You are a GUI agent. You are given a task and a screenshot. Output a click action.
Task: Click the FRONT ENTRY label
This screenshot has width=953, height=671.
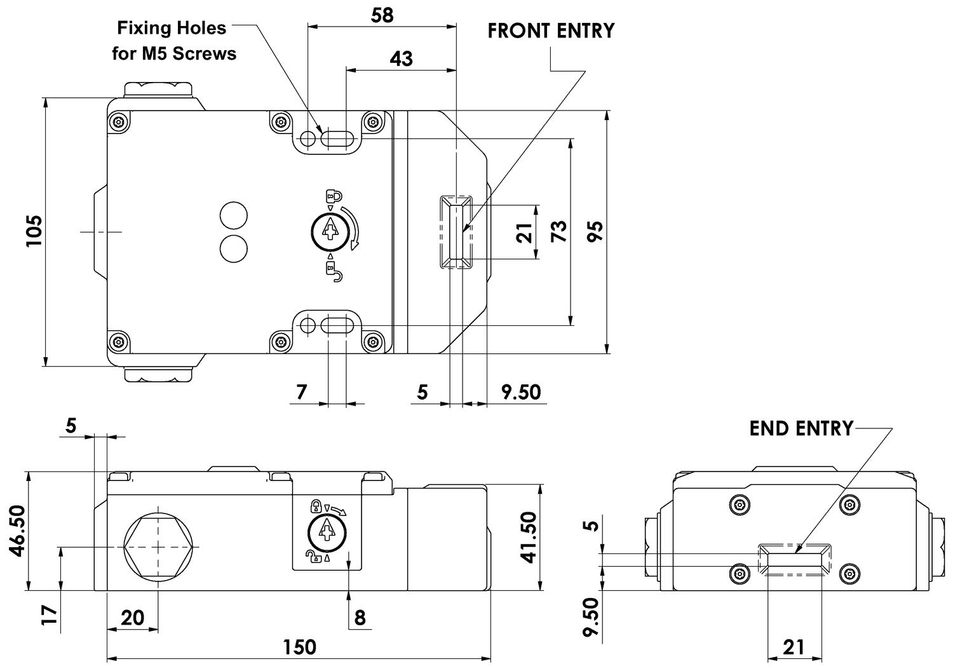551,30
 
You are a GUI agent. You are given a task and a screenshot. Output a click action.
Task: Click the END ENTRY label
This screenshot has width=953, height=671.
801,428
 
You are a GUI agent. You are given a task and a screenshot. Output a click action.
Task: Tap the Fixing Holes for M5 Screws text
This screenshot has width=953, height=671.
173,41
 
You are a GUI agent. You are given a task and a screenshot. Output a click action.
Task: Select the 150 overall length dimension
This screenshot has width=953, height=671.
299,646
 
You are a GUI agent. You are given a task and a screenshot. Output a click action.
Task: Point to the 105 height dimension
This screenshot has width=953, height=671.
34,231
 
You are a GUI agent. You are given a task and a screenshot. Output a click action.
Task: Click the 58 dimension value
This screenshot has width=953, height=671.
382,15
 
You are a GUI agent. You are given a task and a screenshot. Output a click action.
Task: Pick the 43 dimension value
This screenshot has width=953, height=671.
400,58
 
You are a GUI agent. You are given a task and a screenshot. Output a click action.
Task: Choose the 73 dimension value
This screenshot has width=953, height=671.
558,231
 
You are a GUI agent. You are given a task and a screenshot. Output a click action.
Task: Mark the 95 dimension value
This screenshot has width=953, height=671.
595,231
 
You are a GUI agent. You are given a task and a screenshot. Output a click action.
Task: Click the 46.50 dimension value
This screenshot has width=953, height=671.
17,531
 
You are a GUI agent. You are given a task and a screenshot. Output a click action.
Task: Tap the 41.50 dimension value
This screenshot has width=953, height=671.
528,537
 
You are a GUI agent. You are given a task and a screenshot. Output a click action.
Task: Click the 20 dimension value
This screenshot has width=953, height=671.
132,617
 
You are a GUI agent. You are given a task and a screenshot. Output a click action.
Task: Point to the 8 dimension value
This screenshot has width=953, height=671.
360,617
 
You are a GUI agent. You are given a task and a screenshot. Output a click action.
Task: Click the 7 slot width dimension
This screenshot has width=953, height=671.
302,391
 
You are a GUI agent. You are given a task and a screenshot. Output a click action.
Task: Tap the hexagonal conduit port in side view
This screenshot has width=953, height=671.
158,546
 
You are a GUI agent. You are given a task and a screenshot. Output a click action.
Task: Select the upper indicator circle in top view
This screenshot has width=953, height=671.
233,215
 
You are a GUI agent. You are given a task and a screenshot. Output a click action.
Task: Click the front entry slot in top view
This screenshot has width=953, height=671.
455,231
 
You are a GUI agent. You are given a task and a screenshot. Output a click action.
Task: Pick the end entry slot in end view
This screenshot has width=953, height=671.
795,559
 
